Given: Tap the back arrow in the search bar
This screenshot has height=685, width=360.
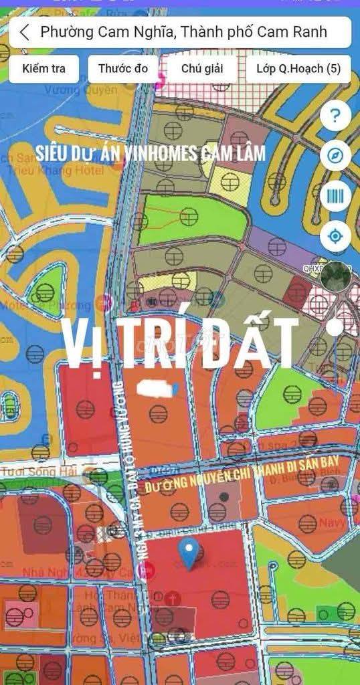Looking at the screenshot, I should (x=25, y=32).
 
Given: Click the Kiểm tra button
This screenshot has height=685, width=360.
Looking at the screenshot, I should (x=44, y=69).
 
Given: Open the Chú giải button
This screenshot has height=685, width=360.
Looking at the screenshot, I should (x=201, y=69).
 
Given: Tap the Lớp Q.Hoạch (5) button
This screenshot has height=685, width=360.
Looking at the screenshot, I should (x=298, y=69).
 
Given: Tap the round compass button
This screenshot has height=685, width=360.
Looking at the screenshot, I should (x=335, y=156).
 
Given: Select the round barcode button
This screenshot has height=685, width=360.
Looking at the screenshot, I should (x=335, y=196).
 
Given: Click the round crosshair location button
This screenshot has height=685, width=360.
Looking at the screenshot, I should (x=335, y=236).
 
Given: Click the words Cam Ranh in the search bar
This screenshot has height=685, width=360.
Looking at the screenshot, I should (x=294, y=32).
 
